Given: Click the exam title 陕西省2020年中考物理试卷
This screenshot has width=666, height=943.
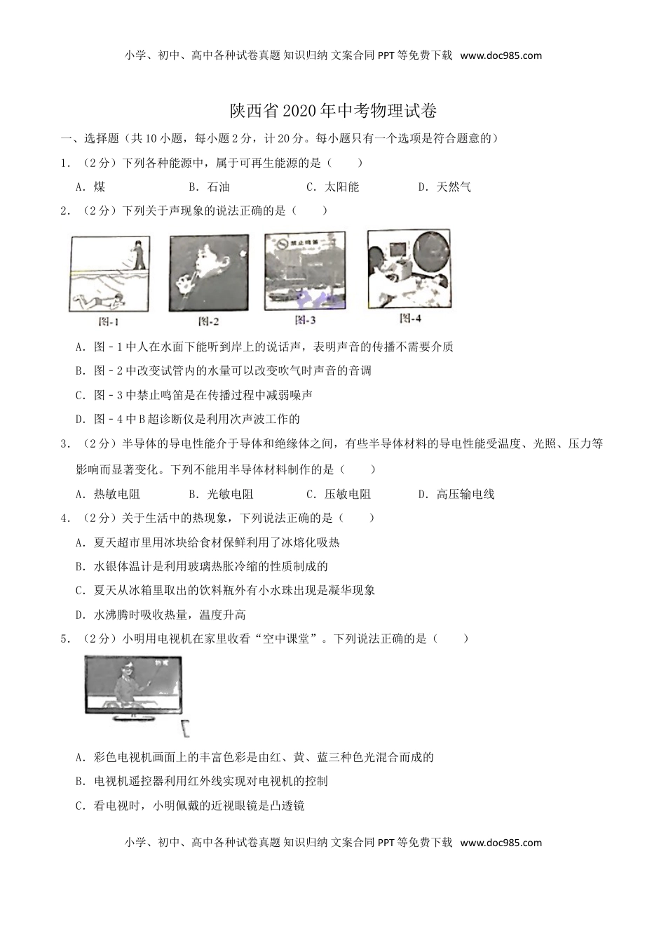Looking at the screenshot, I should coord(333,111).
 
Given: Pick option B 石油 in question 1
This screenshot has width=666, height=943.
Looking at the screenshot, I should coord(210,187).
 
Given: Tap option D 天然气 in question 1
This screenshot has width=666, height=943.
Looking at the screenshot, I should coord(445,187).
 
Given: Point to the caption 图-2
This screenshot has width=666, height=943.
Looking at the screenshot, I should coord(208,321).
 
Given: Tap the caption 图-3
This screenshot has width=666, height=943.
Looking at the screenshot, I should coord(306,319).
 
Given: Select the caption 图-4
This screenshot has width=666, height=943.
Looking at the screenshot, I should coord(409,318).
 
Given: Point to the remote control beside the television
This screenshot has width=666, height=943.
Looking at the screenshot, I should coord(186,729).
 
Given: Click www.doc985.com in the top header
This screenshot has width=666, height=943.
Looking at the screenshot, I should coord(501,55).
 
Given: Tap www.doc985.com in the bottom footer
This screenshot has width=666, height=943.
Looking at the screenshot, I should coord(501,843).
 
